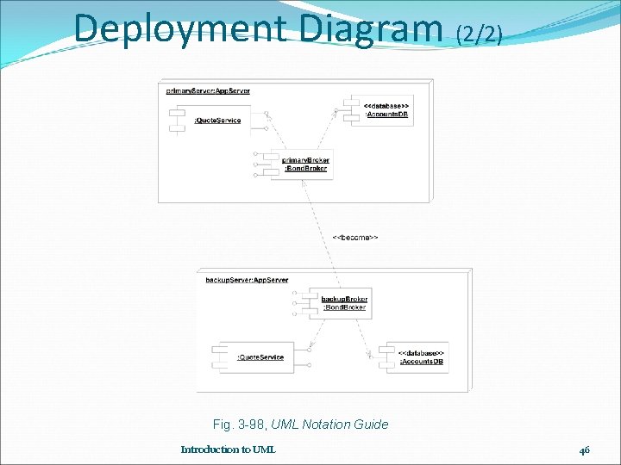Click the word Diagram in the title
372,28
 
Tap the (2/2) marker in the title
478,34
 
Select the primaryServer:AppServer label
208,90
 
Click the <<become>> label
355,237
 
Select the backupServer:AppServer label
247,280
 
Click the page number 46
585,449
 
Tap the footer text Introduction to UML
228,449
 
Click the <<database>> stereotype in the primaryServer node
386,104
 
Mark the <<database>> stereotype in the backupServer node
421,352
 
